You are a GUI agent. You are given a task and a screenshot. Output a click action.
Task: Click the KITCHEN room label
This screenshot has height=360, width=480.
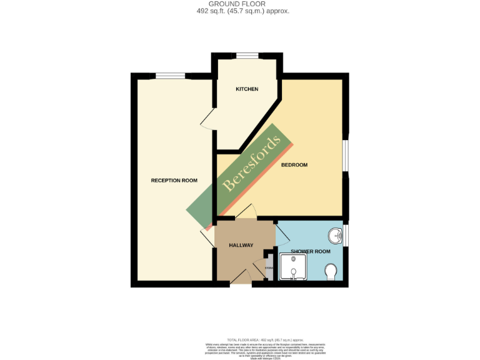tap(247, 89)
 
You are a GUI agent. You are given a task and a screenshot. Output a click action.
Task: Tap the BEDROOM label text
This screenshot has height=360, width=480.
tap(294, 165)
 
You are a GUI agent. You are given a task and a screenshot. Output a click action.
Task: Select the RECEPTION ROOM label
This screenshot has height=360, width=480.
tap(174, 181)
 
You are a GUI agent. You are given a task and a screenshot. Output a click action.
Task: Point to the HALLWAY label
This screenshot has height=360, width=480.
tap(241, 245)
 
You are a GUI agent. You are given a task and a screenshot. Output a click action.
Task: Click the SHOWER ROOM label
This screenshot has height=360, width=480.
tap(311, 251)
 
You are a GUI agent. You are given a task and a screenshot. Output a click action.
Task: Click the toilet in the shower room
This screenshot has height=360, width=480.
tap(331, 271)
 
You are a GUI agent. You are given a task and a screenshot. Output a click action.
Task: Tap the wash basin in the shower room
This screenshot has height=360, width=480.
tap(336, 236)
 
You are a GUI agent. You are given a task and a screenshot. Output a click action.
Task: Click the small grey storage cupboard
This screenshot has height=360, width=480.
tap(269, 269)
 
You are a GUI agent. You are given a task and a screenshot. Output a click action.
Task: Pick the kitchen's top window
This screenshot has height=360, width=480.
tap(247, 56)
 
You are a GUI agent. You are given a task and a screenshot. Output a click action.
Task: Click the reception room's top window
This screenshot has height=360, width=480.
tap(170, 76)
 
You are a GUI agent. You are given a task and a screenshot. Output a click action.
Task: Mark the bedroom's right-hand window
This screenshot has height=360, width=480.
tap(346, 154)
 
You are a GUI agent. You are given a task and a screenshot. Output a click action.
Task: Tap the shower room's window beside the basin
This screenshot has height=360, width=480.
tap(346, 235)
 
